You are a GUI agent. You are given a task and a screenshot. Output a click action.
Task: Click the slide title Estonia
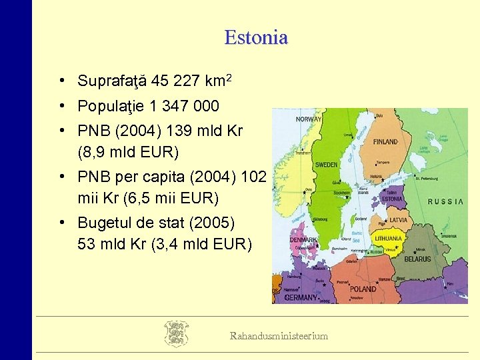[x=256, y=37]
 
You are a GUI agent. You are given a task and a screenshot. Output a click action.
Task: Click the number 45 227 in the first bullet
[x=176, y=82]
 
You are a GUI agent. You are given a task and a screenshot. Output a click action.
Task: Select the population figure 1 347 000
[x=185, y=107]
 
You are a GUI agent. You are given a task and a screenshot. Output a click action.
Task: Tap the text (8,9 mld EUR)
[x=129, y=152]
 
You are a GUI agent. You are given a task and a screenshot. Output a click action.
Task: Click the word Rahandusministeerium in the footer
[x=279, y=336]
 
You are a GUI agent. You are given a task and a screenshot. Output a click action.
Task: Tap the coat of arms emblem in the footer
[x=176, y=333]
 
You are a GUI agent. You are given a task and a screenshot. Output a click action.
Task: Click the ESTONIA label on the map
[x=392, y=199]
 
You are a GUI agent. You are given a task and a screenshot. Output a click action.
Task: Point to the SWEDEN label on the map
[x=326, y=164]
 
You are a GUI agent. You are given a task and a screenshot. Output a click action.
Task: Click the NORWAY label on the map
[x=309, y=119]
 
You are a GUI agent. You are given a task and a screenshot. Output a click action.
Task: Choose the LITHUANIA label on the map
[x=388, y=238]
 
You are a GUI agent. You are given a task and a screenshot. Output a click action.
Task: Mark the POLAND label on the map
[x=363, y=289]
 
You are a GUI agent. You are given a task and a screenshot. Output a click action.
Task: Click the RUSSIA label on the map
[x=445, y=201]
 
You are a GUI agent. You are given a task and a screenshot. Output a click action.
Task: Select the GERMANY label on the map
[x=301, y=298]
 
